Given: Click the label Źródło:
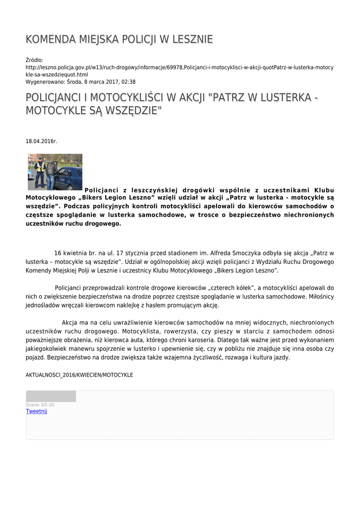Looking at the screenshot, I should (x=34, y=60).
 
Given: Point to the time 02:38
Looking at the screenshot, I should (x=128, y=82).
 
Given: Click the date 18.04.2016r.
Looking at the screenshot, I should (x=41, y=141).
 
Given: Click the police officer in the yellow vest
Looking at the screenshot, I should (x=39, y=171).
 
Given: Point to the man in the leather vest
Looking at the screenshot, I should (x=51, y=175).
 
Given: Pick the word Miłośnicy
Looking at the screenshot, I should (x=317, y=297).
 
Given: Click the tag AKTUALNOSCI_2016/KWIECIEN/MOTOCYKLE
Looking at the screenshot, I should (x=79, y=375).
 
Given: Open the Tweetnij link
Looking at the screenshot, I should (x=36, y=411).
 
